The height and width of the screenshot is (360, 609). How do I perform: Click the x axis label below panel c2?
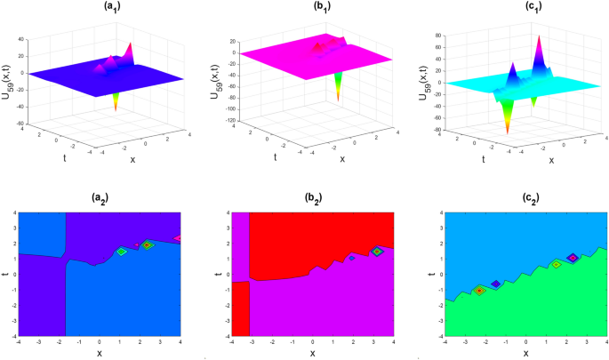pyautogui.click(x=525, y=353)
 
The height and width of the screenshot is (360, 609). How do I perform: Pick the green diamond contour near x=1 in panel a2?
pyautogui.click(x=122, y=252)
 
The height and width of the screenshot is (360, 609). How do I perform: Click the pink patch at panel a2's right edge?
pyautogui.click(x=178, y=238)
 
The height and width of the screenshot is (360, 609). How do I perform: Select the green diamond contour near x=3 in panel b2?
pyautogui.click(x=377, y=252)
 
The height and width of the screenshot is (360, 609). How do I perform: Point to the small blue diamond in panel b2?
pyautogui.click(x=352, y=257)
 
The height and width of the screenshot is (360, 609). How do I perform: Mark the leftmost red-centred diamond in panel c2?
pyautogui.click(x=479, y=290)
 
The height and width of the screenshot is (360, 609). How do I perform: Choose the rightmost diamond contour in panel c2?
pyautogui.click(x=573, y=258)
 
